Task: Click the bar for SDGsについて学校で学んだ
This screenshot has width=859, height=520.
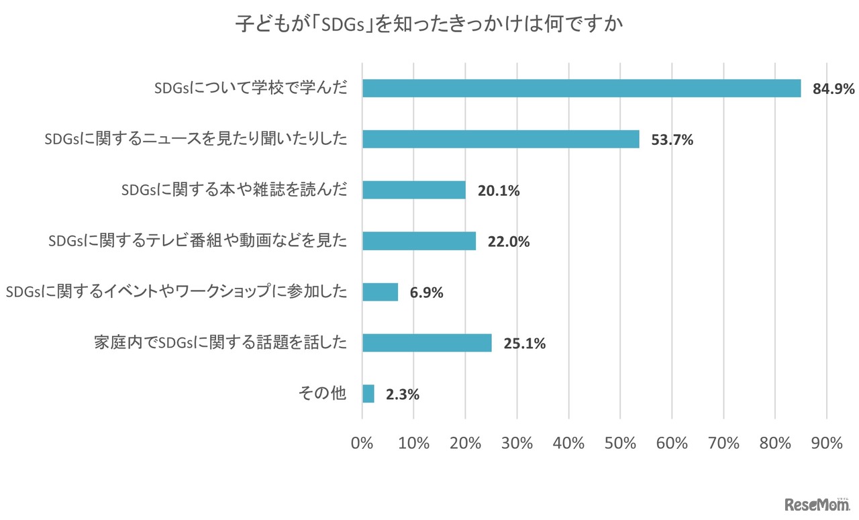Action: click(x=581, y=88)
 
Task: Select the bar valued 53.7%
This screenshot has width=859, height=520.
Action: click(x=501, y=139)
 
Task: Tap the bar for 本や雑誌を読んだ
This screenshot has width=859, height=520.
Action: click(x=413, y=190)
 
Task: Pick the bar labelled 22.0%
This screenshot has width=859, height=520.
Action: click(x=419, y=241)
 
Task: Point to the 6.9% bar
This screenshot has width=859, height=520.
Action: click(x=380, y=292)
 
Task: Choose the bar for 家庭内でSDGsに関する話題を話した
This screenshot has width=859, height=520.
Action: click(x=427, y=343)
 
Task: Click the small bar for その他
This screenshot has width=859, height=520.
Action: click(x=368, y=394)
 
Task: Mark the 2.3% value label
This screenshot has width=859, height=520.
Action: click(x=403, y=395)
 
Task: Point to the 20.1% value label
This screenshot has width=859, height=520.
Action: click(x=499, y=191)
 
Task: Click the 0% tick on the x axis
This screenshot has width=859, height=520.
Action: click(x=362, y=444)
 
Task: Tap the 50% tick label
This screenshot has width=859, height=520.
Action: click(x=620, y=444)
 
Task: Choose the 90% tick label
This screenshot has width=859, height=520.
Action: click(x=827, y=444)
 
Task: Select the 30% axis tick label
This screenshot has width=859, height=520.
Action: click(x=517, y=444)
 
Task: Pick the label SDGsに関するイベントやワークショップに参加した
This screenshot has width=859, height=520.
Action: click(x=176, y=292)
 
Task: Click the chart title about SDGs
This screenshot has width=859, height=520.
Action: click(x=429, y=25)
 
